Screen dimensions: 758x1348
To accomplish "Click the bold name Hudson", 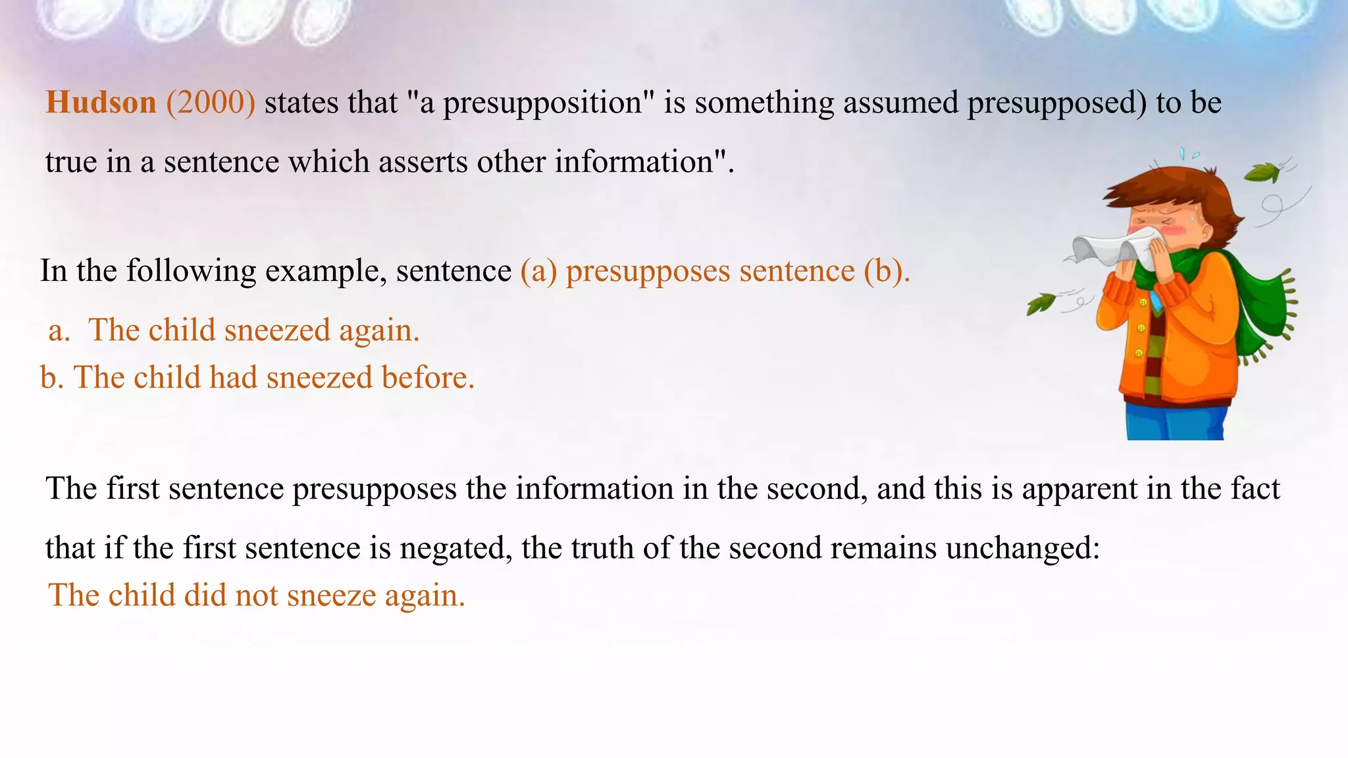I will point(101,103).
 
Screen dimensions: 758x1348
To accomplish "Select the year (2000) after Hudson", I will point(211,103).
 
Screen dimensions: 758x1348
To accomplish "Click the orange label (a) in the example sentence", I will point(538,271).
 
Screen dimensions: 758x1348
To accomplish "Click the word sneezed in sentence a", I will point(277,330).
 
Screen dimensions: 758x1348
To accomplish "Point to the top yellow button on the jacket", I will point(1143,302).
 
